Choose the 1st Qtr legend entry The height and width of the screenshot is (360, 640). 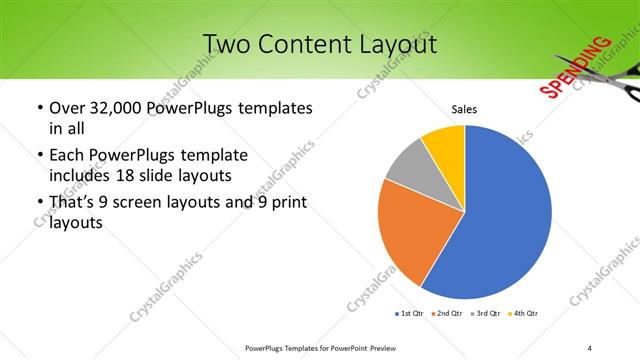point(409,314)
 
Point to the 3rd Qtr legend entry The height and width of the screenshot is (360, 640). point(485,314)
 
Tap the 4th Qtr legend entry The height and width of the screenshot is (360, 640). point(524,314)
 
